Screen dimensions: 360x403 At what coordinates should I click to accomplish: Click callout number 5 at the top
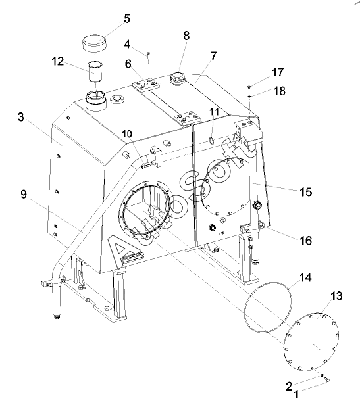click(127, 19)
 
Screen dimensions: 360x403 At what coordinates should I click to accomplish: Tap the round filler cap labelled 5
click(94, 43)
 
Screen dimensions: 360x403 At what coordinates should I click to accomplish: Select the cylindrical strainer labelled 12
click(95, 71)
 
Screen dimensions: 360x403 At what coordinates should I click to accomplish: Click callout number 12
click(58, 61)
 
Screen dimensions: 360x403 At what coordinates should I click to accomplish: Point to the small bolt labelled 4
click(149, 55)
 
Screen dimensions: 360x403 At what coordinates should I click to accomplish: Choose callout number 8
click(186, 36)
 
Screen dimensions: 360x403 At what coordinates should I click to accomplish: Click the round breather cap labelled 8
click(178, 78)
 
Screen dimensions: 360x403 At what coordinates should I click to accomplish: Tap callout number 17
click(278, 72)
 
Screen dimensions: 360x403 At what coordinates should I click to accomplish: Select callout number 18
click(280, 91)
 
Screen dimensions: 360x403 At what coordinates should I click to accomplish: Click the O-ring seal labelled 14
click(268, 307)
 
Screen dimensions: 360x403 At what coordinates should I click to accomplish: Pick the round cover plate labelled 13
click(311, 342)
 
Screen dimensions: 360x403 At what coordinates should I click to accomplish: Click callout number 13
click(336, 296)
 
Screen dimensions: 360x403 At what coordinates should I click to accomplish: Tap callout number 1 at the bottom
click(296, 394)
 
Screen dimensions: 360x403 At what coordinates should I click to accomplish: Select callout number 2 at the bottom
click(289, 386)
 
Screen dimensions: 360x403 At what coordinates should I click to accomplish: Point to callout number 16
click(305, 241)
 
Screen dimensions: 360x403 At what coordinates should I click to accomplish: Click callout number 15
click(305, 192)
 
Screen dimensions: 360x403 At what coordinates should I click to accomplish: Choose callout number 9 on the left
click(24, 194)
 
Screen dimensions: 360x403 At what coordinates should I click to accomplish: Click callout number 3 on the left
click(21, 117)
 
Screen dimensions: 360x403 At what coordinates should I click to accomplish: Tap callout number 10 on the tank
click(127, 134)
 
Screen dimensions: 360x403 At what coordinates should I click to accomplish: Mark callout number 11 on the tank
click(214, 112)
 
